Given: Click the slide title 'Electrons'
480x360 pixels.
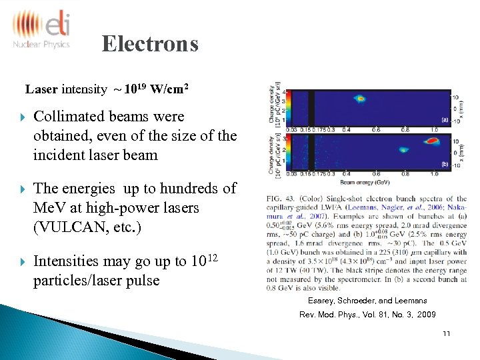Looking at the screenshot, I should point(150,44).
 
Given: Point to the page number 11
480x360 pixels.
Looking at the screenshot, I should point(446,333).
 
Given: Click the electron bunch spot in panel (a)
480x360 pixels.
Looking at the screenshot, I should point(359,99).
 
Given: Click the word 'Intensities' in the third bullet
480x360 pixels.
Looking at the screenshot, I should point(68,261).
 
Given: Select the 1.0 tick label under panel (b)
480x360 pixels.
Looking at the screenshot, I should point(434,175).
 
